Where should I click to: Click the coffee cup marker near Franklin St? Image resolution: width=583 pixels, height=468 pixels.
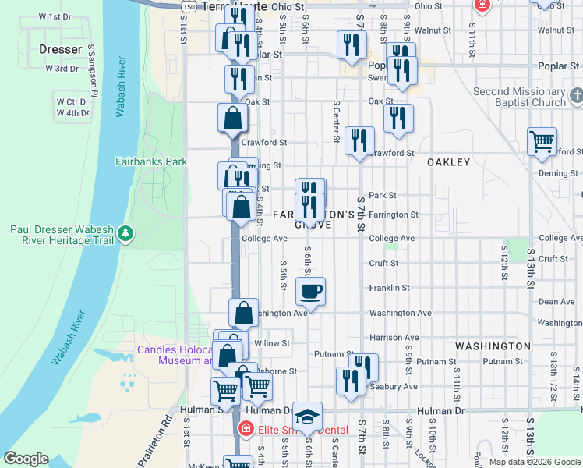pos(310,293)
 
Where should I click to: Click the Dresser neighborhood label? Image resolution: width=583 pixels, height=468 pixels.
pos(60,49)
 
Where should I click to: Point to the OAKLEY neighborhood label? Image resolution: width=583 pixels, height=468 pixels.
pos(448,162)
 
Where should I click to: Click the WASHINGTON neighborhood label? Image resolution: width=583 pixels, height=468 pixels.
pos(493,346)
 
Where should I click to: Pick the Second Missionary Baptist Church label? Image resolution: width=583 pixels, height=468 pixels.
pos(519,97)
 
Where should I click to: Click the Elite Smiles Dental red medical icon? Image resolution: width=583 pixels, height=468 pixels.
pos(246,428)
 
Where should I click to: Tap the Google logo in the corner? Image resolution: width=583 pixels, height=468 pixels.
pos(26,459)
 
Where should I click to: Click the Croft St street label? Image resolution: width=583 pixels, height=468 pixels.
pos(383,264)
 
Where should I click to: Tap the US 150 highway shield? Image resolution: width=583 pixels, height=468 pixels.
pos(188,5)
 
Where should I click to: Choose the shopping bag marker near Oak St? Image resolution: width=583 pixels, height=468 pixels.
pos(233,119)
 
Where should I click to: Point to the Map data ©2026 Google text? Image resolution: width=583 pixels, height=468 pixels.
pos(534,462)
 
